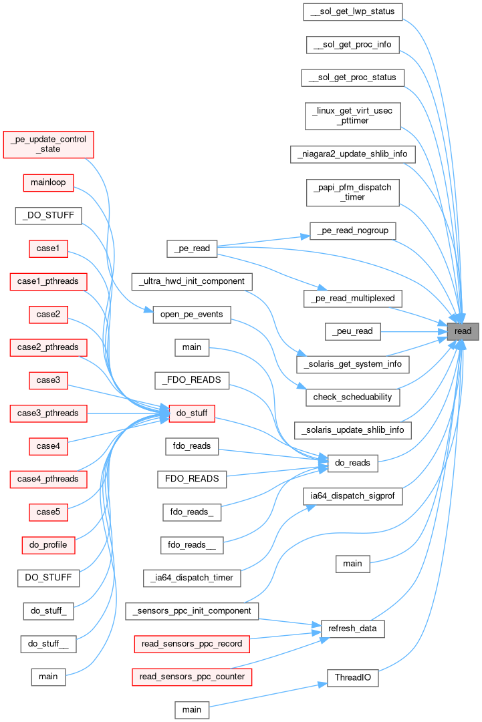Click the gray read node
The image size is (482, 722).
click(x=463, y=331)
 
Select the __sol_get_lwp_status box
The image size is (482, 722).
click(x=352, y=11)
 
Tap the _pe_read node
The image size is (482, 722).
click(x=191, y=248)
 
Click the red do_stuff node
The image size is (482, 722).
click(x=191, y=413)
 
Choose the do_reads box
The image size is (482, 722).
click(x=353, y=463)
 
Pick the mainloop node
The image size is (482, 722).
click(x=48, y=182)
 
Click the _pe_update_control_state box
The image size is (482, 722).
click(x=48, y=144)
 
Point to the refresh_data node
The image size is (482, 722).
click(x=353, y=628)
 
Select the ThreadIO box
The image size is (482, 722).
click(x=353, y=678)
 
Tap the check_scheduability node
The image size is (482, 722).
click(x=353, y=397)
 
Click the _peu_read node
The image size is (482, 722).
click(x=353, y=331)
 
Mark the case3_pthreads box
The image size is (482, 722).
click(x=48, y=413)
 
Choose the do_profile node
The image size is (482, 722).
click(x=48, y=545)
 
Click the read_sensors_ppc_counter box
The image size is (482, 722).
click(x=192, y=677)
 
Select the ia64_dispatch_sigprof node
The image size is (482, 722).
click(x=353, y=496)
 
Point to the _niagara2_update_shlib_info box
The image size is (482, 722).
click(x=353, y=154)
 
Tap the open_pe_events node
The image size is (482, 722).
click(x=192, y=315)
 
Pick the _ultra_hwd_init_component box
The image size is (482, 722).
click(x=192, y=281)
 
